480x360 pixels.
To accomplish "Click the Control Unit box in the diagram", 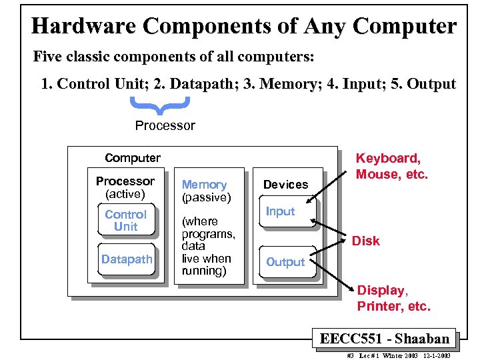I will click(x=125, y=221).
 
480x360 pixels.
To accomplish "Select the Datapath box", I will click(x=127, y=259).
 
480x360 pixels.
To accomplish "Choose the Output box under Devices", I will click(x=285, y=262).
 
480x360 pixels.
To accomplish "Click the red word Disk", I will click(x=365, y=241).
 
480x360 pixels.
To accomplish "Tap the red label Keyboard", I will click(x=387, y=158).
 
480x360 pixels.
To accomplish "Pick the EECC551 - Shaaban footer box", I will click(x=384, y=339).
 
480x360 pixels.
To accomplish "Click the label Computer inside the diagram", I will click(x=133, y=158).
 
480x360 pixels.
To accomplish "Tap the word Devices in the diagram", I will click(x=285, y=185).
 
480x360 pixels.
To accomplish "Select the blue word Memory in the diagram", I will click(x=205, y=185).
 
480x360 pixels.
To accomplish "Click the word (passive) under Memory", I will click(x=207, y=197).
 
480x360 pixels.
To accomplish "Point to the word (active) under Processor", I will click(x=125, y=194).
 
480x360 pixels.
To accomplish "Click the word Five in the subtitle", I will click(x=48, y=57).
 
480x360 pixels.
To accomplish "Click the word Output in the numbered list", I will click(x=431, y=84).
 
